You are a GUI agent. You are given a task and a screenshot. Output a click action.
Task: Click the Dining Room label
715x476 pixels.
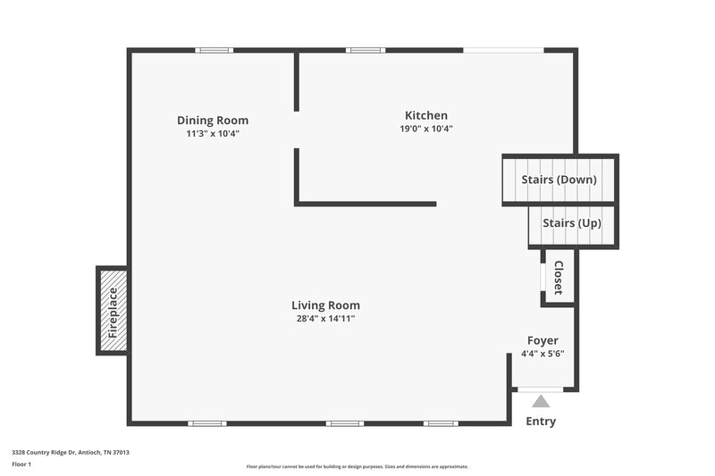point(213,121)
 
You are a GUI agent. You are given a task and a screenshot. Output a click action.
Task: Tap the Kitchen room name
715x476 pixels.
point(426,115)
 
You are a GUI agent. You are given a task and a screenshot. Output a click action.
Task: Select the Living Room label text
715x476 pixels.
point(326,305)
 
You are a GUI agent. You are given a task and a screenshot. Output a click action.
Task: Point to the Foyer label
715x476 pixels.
point(543,340)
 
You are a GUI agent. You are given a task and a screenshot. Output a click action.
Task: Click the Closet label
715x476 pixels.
point(559,278)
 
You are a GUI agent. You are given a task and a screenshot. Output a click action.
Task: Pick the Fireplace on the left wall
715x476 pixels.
point(113,311)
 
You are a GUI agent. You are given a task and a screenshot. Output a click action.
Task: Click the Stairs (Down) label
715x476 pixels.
point(559,180)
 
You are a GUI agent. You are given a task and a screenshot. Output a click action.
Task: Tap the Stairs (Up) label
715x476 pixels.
point(571,222)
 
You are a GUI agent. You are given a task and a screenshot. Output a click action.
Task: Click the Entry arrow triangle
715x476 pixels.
point(541,401)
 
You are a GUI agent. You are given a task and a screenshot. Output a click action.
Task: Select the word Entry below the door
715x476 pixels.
point(541,422)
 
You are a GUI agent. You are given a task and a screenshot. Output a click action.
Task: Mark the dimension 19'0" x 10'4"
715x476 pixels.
point(426,129)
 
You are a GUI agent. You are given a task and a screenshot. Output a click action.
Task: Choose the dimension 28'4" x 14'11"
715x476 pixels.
point(326,319)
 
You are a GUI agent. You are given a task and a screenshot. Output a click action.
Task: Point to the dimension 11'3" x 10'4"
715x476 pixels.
point(213,134)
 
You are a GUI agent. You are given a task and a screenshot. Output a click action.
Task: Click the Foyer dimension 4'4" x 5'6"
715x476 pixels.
point(543,354)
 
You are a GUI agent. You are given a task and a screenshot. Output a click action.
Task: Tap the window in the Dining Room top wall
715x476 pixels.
point(215,50)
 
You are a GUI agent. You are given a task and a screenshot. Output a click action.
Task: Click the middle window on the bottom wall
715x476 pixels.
point(344,423)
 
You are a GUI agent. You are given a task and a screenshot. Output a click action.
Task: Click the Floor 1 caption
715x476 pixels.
point(21,465)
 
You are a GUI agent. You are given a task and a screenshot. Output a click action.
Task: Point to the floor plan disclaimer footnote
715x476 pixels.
point(357,466)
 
